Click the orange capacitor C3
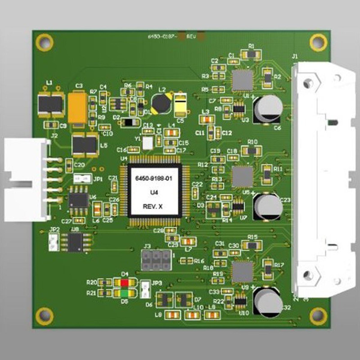[x=79, y=108]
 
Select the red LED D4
[x=125, y=282]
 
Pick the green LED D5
[x=125, y=293]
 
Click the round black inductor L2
[x=161, y=104]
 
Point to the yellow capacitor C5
[x=181, y=104]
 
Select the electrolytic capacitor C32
[x=268, y=301]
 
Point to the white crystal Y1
[x=148, y=143]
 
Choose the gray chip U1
[x=243, y=80]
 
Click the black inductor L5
[x=84, y=144]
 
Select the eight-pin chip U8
[x=75, y=242]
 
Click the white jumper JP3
[x=145, y=290]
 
